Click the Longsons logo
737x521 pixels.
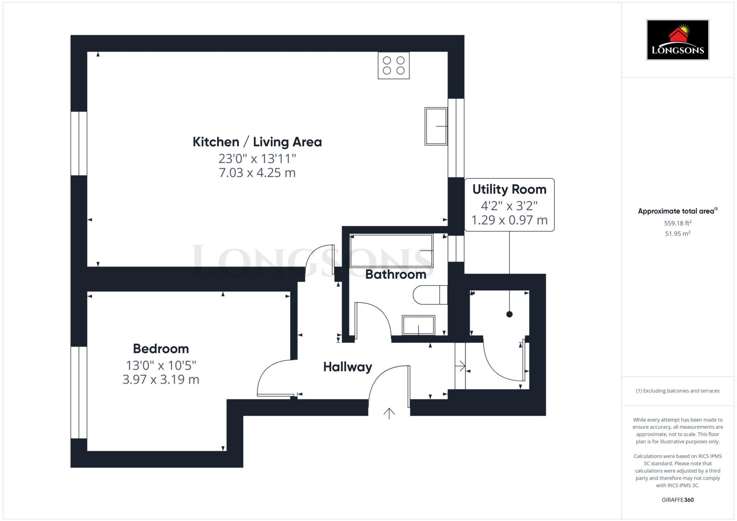point(677,40)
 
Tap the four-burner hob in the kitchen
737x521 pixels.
point(393,65)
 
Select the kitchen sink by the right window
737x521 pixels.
point(436,126)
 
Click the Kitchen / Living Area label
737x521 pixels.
point(257,142)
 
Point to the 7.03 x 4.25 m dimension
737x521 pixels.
point(257,173)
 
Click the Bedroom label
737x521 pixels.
point(161,349)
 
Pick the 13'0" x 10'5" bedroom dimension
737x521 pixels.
point(161,366)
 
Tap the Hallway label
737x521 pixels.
point(347,367)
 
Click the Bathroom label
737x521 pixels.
point(395,275)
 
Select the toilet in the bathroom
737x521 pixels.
point(430,295)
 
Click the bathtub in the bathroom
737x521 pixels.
point(392,251)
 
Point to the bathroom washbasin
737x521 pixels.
point(418,325)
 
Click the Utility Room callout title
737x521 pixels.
point(509,189)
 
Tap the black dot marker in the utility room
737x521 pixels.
point(509,314)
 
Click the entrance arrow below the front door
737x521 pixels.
point(389,413)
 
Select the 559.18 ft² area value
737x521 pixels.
point(678,223)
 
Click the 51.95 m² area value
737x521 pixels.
point(678,234)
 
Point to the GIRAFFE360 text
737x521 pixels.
point(678,500)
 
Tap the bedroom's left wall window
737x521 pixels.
point(79,392)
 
